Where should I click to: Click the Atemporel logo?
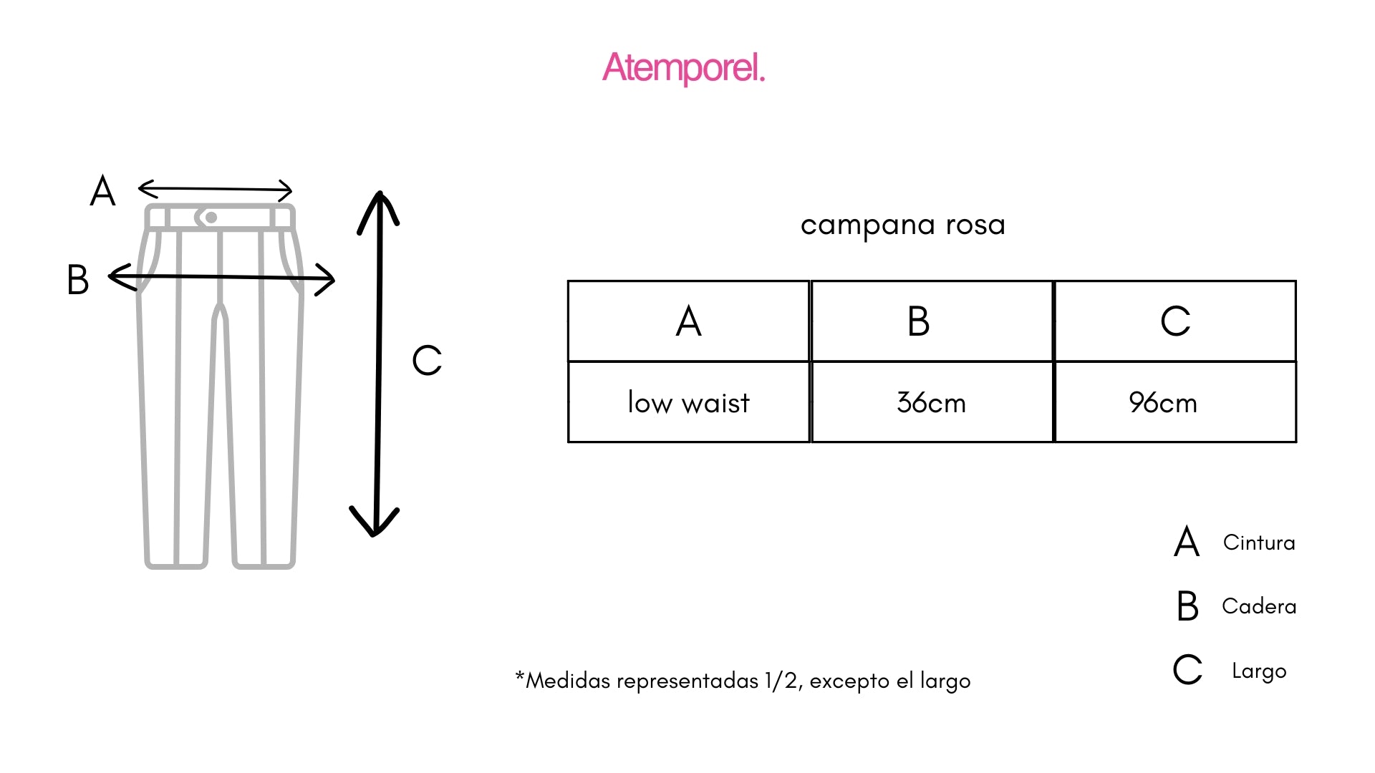[684, 68]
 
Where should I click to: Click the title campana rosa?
[903, 225]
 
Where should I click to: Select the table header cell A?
[688, 321]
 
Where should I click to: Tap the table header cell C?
[1175, 321]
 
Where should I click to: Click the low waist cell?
[688, 403]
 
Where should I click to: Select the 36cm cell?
[931, 403]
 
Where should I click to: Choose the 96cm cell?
[1163, 403]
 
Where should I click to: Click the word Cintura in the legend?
[1259, 543]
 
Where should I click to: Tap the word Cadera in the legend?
[1259, 606]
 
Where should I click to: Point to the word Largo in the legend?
[1259, 671]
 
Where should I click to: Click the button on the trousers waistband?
[211, 218]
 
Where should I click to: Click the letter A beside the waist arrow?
[102, 191]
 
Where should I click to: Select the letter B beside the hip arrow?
[77, 280]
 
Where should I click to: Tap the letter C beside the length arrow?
[427, 360]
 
